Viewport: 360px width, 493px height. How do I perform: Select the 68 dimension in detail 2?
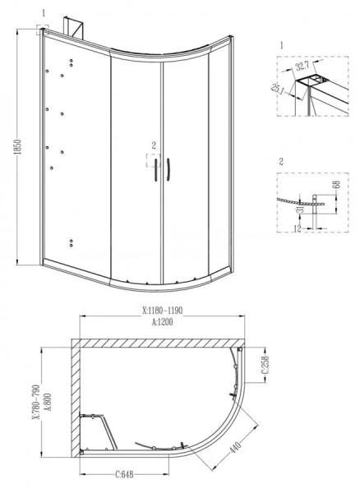point(335,191)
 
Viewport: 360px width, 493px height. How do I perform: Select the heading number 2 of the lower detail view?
point(282,163)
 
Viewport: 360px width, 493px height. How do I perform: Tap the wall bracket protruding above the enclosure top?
point(79,27)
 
